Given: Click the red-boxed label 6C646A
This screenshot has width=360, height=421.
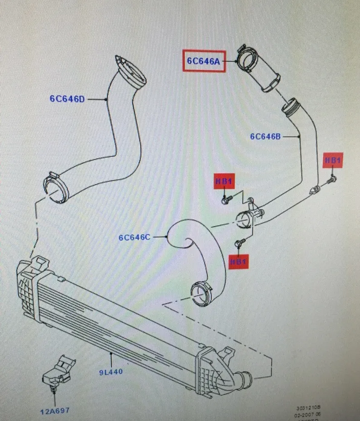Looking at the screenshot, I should (x=204, y=61).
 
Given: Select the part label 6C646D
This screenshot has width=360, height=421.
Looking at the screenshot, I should (x=68, y=98).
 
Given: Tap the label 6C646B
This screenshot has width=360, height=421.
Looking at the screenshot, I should (x=266, y=136).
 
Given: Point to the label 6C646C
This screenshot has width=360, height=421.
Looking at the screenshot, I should (x=134, y=237).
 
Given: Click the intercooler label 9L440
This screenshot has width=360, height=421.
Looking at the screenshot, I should (x=111, y=372).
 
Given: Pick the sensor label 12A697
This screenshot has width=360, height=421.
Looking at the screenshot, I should (x=54, y=411).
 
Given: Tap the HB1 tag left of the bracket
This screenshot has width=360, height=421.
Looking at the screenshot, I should (x=224, y=182).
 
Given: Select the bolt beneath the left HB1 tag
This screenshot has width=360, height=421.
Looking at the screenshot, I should (x=227, y=199).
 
